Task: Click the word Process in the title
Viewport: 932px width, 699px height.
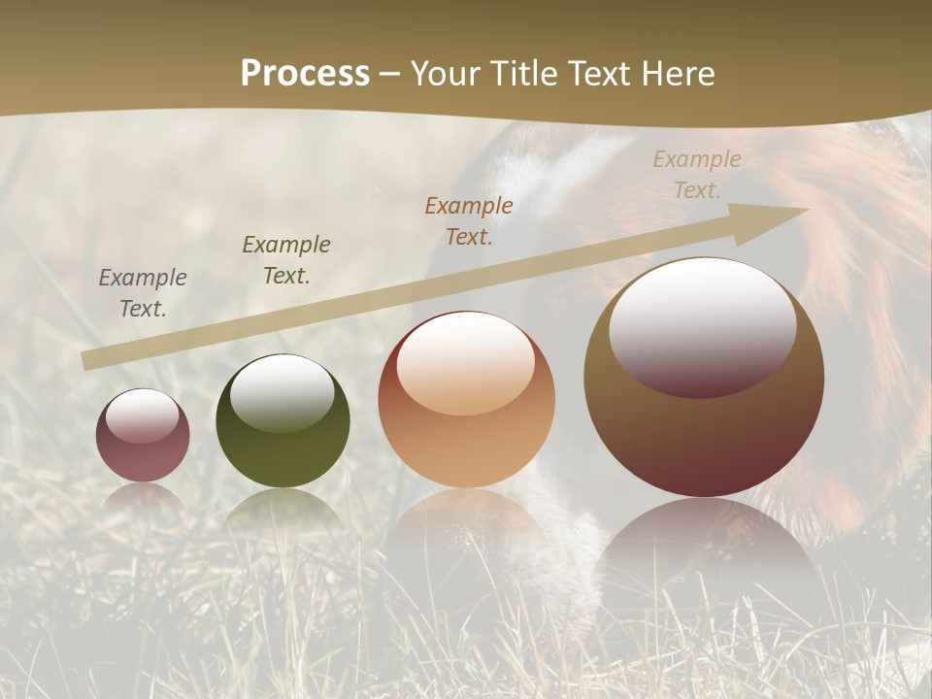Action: (x=305, y=73)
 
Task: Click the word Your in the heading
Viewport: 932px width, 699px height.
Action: (x=448, y=73)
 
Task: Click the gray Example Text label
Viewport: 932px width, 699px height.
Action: (x=143, y=293)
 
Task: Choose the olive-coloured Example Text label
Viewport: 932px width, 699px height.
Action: (x=286, y=260)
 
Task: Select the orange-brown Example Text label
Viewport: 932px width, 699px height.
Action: (x=469, y=221)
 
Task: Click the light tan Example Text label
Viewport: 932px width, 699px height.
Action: (x=696, y=175)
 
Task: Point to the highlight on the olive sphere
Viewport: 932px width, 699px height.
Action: (x=283, y=391)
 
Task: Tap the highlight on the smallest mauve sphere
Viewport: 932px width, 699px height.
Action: (x=143, y=416)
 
